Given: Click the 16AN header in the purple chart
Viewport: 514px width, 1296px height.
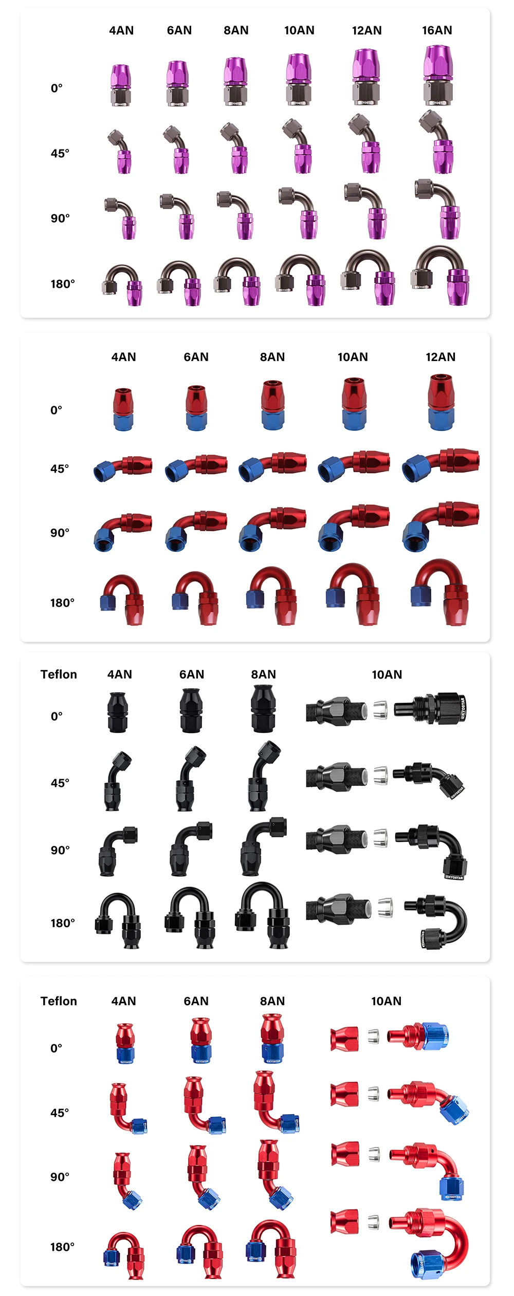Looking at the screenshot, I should pyautogui.click(x=437, y=30).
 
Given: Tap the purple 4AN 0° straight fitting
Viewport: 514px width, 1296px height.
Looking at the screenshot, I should pyautogui.click(x=120, y=85).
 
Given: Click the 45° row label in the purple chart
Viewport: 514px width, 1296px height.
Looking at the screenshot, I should pyautogui.click(x=60, y=153).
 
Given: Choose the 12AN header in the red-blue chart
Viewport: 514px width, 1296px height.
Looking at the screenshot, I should pyautogui.click(x=440, y=357).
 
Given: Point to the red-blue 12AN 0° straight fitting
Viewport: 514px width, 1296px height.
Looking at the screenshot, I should pyautogui.click(x=441, y=402).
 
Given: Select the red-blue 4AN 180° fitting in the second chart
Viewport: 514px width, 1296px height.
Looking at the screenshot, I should pyautogui.click(x=122, y=599).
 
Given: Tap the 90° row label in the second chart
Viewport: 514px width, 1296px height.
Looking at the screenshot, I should pyautogui.click(x=60, y=533).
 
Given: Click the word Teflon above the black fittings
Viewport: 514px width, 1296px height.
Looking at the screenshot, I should pyautogui.click(x=59, y=674).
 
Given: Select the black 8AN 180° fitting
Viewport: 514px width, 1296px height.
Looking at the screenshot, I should pyautogui.click(x=262, y=915).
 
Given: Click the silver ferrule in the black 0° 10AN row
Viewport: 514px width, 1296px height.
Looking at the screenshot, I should pyautogui.click(x=380, y=710).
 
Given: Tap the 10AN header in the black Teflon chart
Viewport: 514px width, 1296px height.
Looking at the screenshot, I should pyautogui.click(x=387, y=674).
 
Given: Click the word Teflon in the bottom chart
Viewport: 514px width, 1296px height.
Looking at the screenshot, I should pyautogui.click(x=59, y=1001).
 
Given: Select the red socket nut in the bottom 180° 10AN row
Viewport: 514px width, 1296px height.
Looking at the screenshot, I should pyautogui.click(x=344, y=1222).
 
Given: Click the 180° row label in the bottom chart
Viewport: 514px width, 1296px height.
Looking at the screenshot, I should pyautogui.click(x=62, y=1247).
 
